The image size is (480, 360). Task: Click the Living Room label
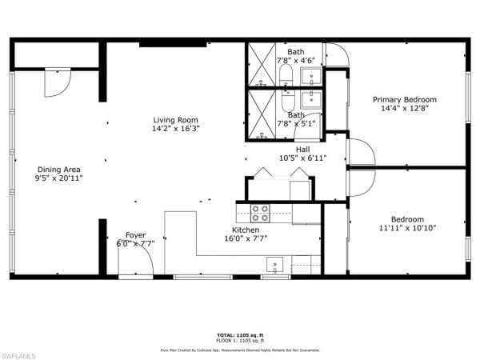click(177, 121)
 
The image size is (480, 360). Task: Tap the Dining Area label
click(60, 170)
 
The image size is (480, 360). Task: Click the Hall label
click(302, 149)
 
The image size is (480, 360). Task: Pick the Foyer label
click(135, 235)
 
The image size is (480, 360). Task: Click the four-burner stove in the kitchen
click(261, 213)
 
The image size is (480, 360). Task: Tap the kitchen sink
click(274, 266)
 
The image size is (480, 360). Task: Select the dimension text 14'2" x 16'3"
click(177, 129)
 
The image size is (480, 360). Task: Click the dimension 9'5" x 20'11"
click(60, 178)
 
